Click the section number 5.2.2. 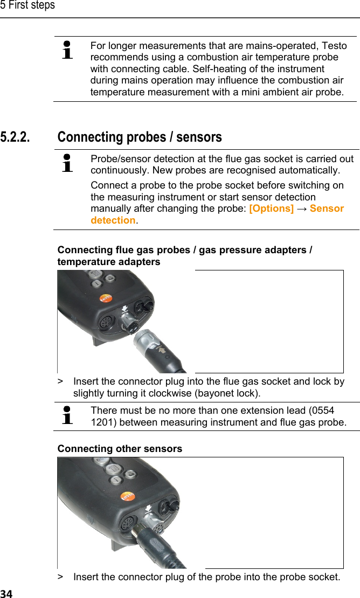click(x=15, y=137)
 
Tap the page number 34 click(x=6, y=593)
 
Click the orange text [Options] click(x=271, y=208)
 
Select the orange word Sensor click(x=327, y=208)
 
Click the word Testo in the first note click(x=335, y=46)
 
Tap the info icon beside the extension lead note click(x=68, y=416)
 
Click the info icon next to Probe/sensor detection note click(x=68, y=163)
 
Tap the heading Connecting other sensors click(x=120, y=449)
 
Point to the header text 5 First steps click(x=27, y=6)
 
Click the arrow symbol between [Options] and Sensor click(x=301, y=208)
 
